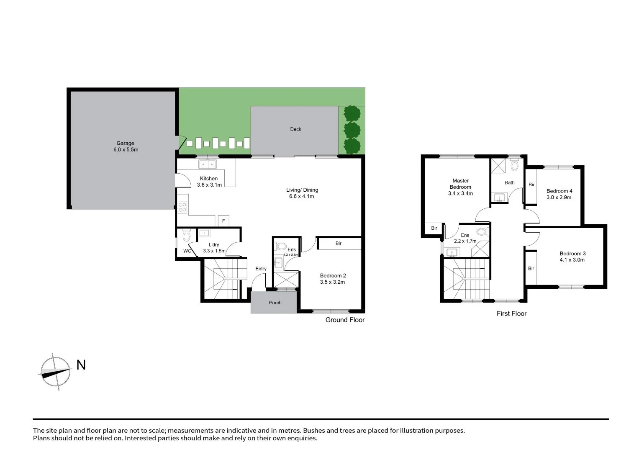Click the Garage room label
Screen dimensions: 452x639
pos(125,143)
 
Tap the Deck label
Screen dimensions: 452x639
pos(295,129)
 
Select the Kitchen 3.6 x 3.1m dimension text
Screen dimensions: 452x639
pos(209,185)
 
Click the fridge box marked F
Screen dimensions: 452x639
pos(223,221)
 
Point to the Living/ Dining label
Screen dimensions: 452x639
pos(302,190)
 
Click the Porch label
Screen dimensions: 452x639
pos(275,303)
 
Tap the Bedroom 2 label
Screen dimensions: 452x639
pos(333,276)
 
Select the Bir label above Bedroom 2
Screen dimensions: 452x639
pos(338,243)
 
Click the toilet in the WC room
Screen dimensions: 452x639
pos(186,235)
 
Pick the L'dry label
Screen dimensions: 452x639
pos(213,245)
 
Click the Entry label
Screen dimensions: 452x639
pos(261,269)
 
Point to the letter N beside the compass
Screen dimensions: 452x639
pos(81,365)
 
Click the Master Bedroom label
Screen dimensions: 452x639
pos(460,184)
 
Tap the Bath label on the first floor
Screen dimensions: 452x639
pos(509,182)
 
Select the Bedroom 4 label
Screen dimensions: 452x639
pos(559,191)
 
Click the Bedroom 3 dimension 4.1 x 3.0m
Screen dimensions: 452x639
pos(572,260)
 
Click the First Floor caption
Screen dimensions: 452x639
pos(511,313)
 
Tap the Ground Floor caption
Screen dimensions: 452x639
pos(345,320)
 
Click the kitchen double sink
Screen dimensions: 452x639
pos(208,164)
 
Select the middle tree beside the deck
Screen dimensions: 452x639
pos(352,129)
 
